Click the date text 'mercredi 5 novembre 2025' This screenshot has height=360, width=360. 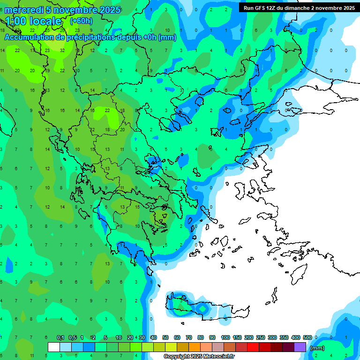coord(62,10)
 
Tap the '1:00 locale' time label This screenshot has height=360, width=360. coord(33,21)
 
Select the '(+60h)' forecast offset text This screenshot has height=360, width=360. coord(81,21)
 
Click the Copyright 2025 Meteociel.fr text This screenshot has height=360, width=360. coord(199,357)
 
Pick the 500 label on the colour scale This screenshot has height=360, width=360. coord(307,337)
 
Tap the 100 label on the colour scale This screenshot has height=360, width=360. coord(225,337)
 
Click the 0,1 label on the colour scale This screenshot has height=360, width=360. coord(60,337)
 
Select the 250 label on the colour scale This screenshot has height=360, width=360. coord(260,337)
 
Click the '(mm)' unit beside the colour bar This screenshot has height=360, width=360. coord(317,348)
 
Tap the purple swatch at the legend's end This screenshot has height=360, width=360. coord(300,347)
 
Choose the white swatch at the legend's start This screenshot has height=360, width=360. coord(54,347)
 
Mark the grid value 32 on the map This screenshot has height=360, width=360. coord(62,50)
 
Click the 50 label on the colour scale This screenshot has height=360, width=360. coord(165,337)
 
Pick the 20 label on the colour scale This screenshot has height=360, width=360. coord(130,337)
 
